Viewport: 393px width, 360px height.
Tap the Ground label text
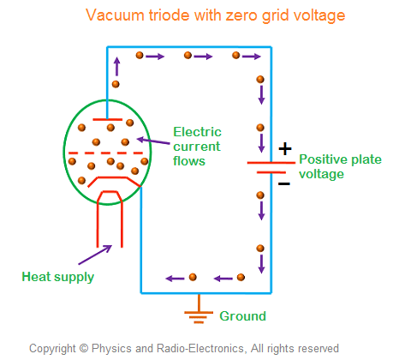243,315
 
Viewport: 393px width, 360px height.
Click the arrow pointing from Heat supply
94,255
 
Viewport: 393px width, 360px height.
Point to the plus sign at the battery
285,147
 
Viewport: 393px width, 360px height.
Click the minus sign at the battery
285,182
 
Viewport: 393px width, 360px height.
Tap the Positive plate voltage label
332,167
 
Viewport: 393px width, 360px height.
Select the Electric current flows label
197,146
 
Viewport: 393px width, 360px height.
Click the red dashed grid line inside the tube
108,153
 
